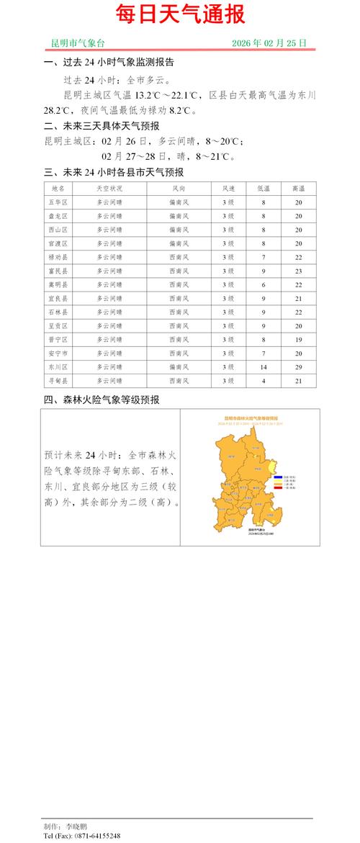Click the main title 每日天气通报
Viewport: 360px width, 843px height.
point(180,14)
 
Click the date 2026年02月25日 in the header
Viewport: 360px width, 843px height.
point(269,44)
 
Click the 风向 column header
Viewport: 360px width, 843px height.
point(180,189)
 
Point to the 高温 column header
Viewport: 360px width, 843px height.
point(297,189)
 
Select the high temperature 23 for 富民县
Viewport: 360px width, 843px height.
point(297,271)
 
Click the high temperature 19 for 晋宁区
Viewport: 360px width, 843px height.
point(297,339)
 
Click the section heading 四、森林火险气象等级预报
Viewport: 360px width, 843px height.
point(102,400)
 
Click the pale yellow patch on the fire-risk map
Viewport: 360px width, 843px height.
point(273,469)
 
